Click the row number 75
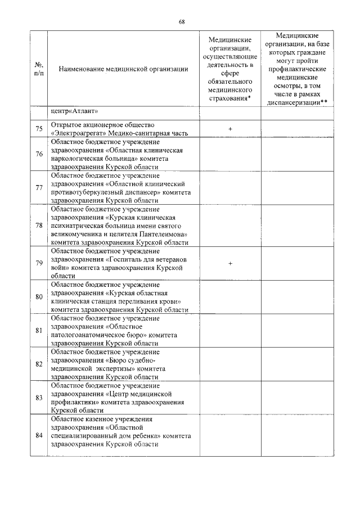[x=39, y=129]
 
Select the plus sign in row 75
[x=231, y=129]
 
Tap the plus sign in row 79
[x=231, y=263]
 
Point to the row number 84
[x=39, y=435]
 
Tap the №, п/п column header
[x=39, y=69]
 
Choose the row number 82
[x=39, y=364]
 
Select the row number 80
[x=39, y=296]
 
